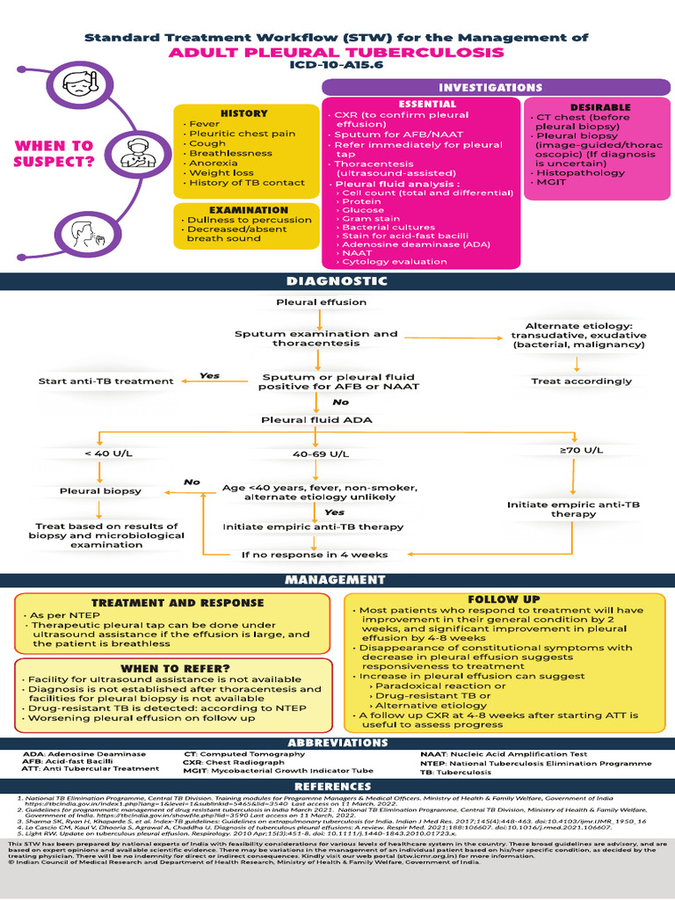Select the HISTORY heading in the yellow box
243,113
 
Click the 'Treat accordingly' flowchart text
581,381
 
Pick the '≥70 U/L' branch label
581,450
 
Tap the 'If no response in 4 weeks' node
315,555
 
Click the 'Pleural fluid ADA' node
316,420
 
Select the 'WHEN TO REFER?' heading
172,669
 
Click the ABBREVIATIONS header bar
337,743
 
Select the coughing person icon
85,236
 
